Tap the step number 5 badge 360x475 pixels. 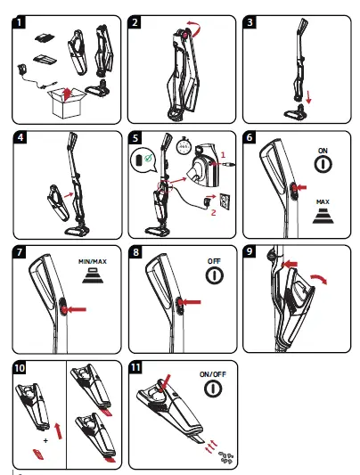point(136,140)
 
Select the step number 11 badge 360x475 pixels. point(137,367)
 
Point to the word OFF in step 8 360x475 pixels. point(213,261)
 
